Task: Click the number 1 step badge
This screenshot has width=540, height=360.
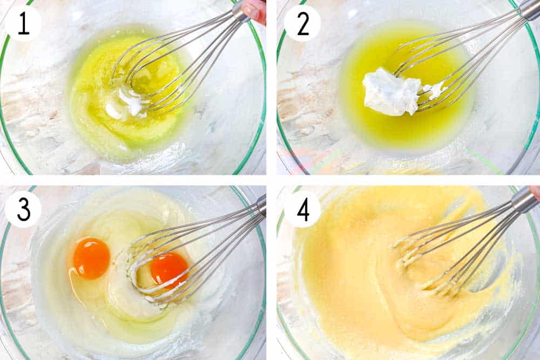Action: click(x=23, y=23)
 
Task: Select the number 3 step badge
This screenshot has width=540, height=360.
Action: click(x=23, y=209)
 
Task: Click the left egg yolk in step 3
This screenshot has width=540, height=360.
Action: click(x=91, y=258)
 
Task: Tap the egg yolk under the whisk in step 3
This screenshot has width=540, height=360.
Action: click(x=168, y=268)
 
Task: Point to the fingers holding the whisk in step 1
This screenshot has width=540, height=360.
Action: click(x=255, y=9)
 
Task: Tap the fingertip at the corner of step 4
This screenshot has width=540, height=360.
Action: click(x=535, y=191)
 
